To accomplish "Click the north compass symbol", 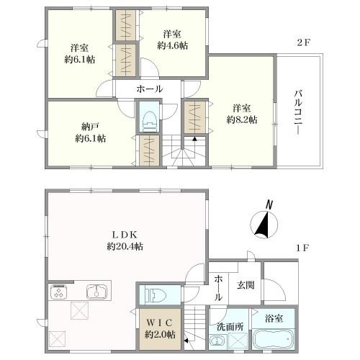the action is click(264, 222).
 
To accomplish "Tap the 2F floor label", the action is click(304, 42).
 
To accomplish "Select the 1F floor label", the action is click(302, 248).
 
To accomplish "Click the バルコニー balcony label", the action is click(299, 112).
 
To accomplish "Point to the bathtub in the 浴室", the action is click(274, 339).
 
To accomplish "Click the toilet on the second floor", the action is click(149, 121).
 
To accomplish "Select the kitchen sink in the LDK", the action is click(96, 292).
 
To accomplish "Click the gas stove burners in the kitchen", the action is click(58, 292).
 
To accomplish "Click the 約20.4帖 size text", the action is click(125, 247).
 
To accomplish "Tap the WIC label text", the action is click(160, 323).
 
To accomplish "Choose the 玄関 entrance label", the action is click(246, 285).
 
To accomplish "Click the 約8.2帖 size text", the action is click(242, 120).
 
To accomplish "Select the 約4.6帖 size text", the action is click(173, 45).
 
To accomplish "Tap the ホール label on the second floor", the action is click(150, 89).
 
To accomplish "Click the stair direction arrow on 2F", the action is click(194, 139).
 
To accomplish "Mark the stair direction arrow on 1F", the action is click(186, 340).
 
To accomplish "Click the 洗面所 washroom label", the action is click(230, 327).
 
